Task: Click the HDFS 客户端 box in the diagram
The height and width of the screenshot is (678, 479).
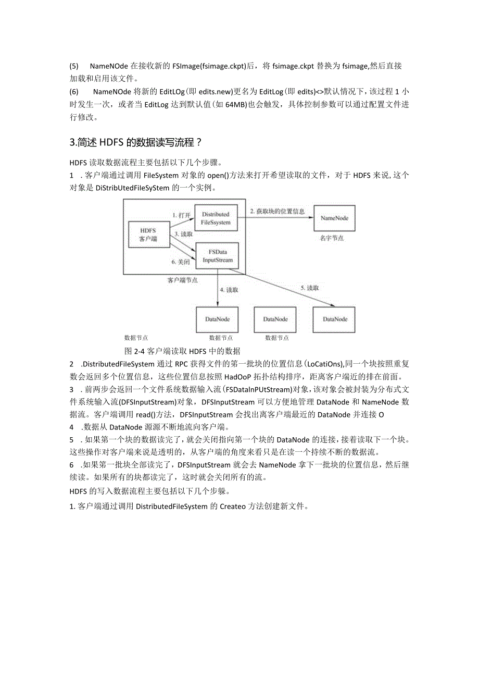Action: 148,235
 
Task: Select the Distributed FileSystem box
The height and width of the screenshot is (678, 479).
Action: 216,218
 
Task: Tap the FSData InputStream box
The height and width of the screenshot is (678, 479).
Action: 217,256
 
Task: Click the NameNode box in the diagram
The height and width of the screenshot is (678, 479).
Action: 334,218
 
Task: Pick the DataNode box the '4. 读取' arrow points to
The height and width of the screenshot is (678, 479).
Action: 217,319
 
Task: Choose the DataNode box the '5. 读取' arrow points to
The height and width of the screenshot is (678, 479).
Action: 334,319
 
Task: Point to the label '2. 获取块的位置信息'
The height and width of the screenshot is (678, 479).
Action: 276,211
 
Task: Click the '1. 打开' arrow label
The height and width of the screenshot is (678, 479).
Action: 182,215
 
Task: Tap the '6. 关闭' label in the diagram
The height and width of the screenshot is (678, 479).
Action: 181,262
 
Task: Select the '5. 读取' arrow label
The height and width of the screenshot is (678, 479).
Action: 309,288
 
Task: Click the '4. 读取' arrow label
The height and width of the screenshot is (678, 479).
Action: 229,290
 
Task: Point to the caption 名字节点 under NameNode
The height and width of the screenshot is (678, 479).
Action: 332,238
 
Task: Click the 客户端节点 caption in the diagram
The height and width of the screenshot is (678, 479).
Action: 182,280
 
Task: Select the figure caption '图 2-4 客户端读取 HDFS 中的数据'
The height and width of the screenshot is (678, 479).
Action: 182,350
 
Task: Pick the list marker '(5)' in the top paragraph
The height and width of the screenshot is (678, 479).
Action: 73,66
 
